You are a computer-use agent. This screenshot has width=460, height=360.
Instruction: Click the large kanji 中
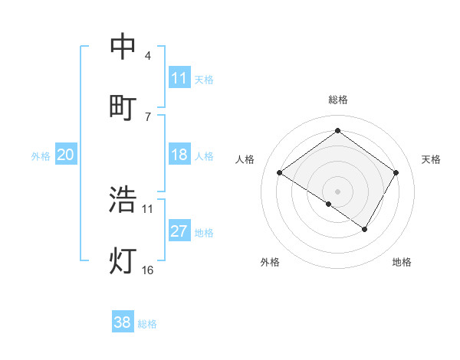(123, 47)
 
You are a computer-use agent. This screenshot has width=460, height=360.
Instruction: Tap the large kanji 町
(123, 107)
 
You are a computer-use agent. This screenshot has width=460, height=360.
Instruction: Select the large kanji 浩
(123, 199)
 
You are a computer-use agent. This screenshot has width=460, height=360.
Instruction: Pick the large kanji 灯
(123, 260)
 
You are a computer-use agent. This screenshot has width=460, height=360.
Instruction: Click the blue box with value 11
(179, 78)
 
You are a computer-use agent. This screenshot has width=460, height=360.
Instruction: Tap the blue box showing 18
(179, 155)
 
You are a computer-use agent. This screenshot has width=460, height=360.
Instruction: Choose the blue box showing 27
(179, 231)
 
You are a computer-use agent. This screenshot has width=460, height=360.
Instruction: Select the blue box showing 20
(66, 155)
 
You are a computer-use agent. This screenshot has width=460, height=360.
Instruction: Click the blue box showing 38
(123, 322)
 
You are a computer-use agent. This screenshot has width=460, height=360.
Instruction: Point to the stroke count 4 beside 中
(148, 56)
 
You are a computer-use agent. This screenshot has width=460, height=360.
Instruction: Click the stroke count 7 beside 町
(148, 116)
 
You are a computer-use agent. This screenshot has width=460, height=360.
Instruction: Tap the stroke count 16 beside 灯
(148, 270)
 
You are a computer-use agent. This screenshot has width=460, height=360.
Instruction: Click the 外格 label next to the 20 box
(41, 155)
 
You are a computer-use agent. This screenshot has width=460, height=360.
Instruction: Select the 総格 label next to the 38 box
(147, 323)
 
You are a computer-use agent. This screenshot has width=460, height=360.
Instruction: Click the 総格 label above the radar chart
(337, 100)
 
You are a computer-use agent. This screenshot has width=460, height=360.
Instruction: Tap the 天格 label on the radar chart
(432, 159)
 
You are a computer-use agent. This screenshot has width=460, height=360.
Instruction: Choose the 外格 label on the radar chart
(270, 262)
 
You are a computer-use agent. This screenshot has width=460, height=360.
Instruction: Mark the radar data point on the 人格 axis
(280, 173)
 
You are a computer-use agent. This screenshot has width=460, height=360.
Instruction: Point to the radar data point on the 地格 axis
(365, 228)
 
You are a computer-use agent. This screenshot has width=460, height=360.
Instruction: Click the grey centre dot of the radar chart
(337, 191)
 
